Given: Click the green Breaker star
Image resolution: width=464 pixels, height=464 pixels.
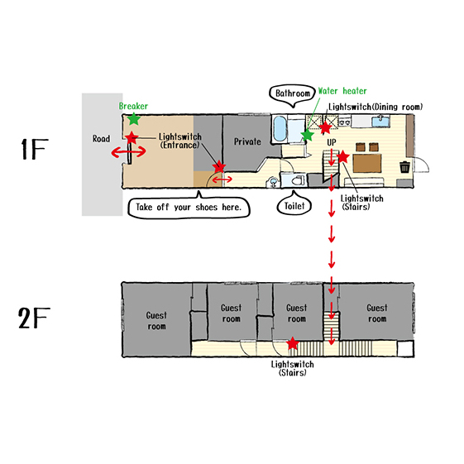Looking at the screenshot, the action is tap(134, 119).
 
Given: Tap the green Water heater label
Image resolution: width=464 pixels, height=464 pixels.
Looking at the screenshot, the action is tap(342, 91).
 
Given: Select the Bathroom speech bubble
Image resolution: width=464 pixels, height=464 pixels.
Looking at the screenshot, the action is tap(293, 95).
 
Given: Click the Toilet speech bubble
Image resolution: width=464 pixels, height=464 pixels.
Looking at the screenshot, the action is tap(294, 204).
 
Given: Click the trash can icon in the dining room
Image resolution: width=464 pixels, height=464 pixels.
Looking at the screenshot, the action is tap(404, 166).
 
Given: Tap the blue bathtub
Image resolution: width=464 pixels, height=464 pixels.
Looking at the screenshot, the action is tap(280, 129).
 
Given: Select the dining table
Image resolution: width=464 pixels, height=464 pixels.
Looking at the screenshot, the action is tap(367, 163).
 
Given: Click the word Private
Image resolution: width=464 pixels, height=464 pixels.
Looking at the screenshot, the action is tap(247, 141).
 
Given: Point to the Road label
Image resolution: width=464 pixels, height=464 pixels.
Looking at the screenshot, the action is tap(101, 138).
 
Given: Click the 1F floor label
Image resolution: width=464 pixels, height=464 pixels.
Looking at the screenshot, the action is tap(35, 149).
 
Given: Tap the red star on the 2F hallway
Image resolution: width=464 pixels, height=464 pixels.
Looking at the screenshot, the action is tap(293, 343).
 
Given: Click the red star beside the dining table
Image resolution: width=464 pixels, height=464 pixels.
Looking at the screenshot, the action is tap(342, 156).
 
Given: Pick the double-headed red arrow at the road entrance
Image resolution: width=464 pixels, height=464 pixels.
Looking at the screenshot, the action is tap(129, 152).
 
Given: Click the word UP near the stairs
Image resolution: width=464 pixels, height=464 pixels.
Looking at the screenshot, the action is tap(332, 142).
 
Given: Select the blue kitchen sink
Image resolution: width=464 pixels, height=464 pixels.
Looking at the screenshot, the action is tap(380, 122).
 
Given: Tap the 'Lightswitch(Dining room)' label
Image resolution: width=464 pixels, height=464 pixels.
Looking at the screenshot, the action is tap(376, 107).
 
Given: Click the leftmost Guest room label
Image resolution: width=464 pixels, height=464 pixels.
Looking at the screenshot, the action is tap(156, 321).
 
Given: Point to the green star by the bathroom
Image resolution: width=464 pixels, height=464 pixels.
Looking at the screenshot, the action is tap(308, 135).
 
